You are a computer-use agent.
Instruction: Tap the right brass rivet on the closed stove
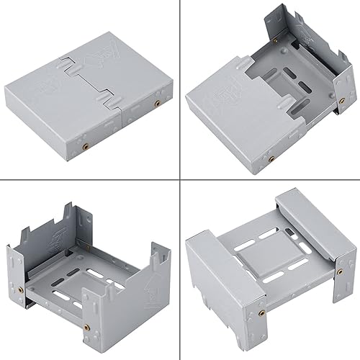click(156, 104)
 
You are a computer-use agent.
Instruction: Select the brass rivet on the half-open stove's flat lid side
click(271, 157)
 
